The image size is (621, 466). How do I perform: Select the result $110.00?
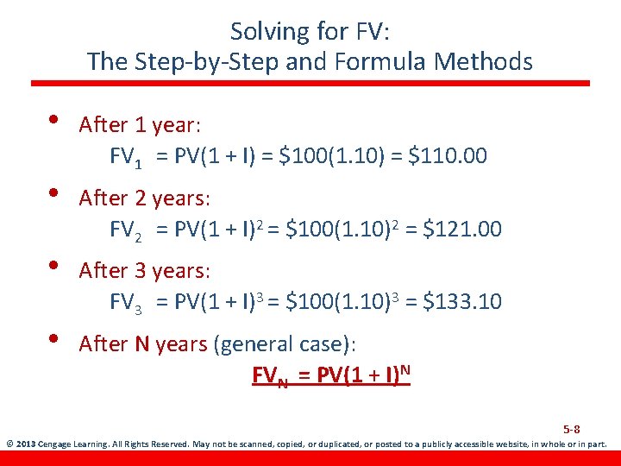[x=448, y=156]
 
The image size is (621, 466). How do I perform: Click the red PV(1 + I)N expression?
[x=360, y=375]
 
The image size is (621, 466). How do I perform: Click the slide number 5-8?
[x=571, y=429]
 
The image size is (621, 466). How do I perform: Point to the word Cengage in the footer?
[x=55, y=445]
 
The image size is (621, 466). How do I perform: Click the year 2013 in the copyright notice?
[x=25, y=445]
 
